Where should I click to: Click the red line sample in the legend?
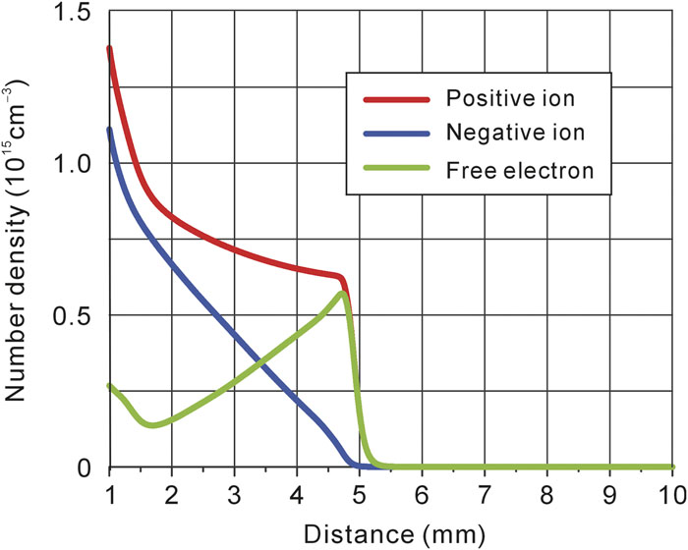(x=395, y=99)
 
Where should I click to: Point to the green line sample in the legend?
(x=395, y=169)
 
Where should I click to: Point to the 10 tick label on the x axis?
(x=671, y=491)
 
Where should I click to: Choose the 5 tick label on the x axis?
(x=359, y=491)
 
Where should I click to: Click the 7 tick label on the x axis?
(x=485, y=491)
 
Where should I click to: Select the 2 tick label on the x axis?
(x=171, y=491)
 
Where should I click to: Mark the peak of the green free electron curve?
(x=342, y=293)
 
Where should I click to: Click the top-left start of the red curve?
(x=109, y=48)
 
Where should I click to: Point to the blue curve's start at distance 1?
(x=109, y=129)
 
